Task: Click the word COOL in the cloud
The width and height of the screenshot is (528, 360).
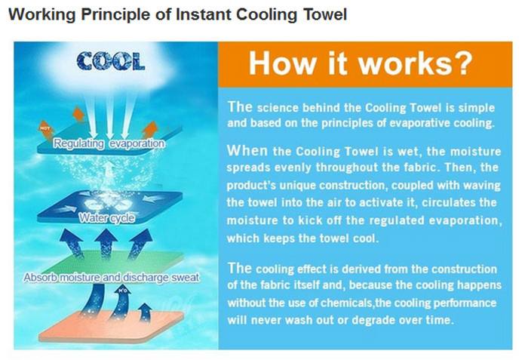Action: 111,61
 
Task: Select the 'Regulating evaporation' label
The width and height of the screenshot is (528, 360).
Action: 109,143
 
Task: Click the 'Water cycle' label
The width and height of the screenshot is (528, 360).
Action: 107,218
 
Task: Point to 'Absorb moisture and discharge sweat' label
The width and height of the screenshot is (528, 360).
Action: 112,278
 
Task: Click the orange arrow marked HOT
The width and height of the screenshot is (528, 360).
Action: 46,130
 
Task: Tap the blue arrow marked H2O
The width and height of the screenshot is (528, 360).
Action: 122,300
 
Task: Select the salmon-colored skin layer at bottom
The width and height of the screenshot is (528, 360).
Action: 111,325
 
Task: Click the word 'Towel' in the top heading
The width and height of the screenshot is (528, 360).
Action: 325,14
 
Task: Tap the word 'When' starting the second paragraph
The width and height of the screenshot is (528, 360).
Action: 247,150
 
